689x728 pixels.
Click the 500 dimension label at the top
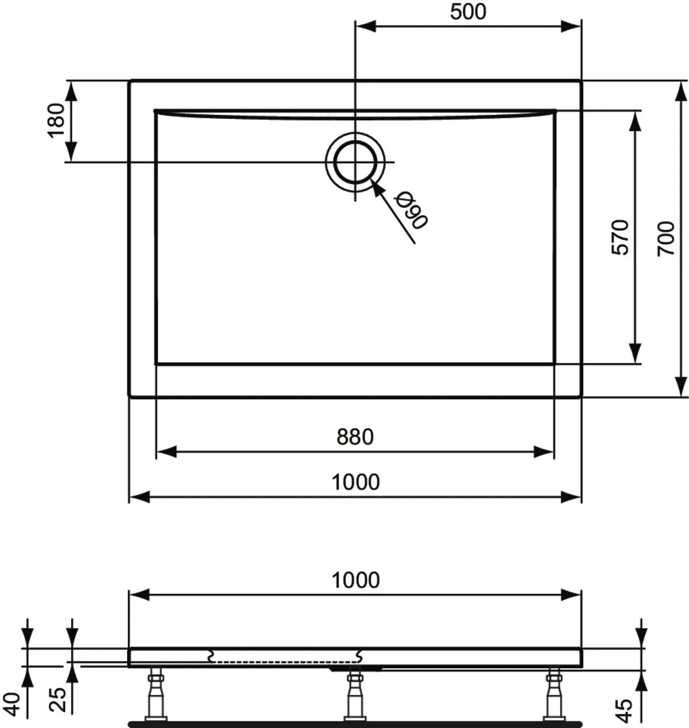tap(468, 12)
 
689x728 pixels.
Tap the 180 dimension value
tap(56, 121)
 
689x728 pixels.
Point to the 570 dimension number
tap(620, 237)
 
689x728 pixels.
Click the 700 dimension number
tap(665, 238)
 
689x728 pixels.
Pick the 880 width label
tap(355, 437)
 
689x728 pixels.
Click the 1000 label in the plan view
tap(355, 482)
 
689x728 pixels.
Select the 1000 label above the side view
tap(355, 580)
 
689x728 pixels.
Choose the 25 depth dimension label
tap(58, 700)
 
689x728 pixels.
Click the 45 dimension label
tap(624, 711)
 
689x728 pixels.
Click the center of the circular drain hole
tap(355, 162)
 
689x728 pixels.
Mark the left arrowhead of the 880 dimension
tap(166, 452)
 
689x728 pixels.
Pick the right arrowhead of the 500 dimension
tap(571, 26)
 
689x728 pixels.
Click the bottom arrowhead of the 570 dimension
tap(635, 353)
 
